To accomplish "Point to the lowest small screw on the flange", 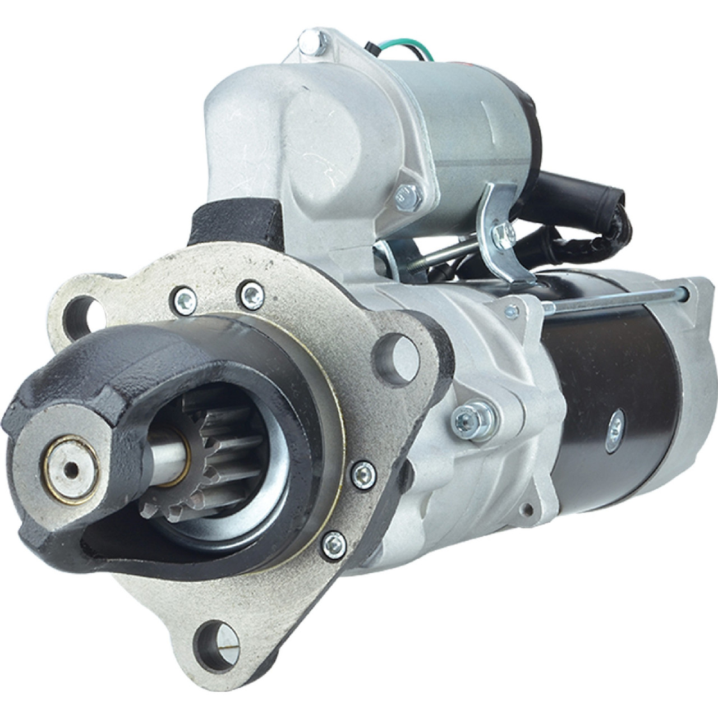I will pos(334,542).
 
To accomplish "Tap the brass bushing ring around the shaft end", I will pos(72,468).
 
